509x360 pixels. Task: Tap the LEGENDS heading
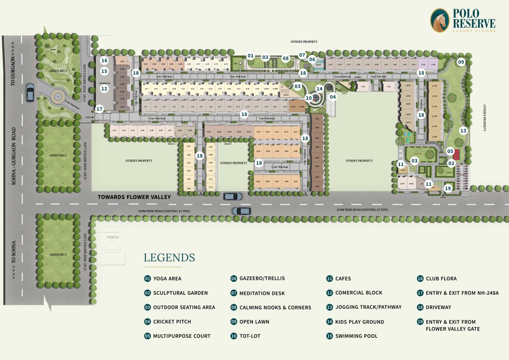(x=169, y=257)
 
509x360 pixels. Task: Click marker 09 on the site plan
(x=461, y=62)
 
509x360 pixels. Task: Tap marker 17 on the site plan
(x=99, y=109)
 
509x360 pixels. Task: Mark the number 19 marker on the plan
(x=448, y=189)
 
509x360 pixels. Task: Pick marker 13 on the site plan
(x=463, y=130)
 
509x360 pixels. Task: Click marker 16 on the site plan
(x=104, y=61)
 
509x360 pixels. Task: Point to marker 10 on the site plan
(x=309, y=98)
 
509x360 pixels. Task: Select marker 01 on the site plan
(x=251, y=56)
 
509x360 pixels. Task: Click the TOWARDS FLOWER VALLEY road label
(x=134, y=197)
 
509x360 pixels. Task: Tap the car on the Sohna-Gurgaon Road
(x=30, y=92)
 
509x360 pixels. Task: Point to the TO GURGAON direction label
(x=13, y=64)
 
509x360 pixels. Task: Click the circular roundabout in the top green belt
(x=57, y=96)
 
